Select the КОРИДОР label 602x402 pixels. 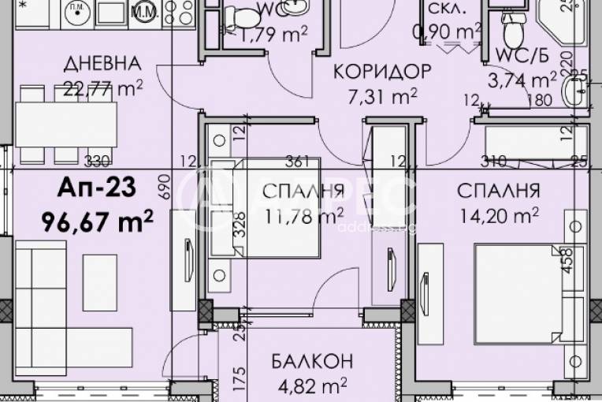tap(382, 72)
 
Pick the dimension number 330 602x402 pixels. tap(95, 162)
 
